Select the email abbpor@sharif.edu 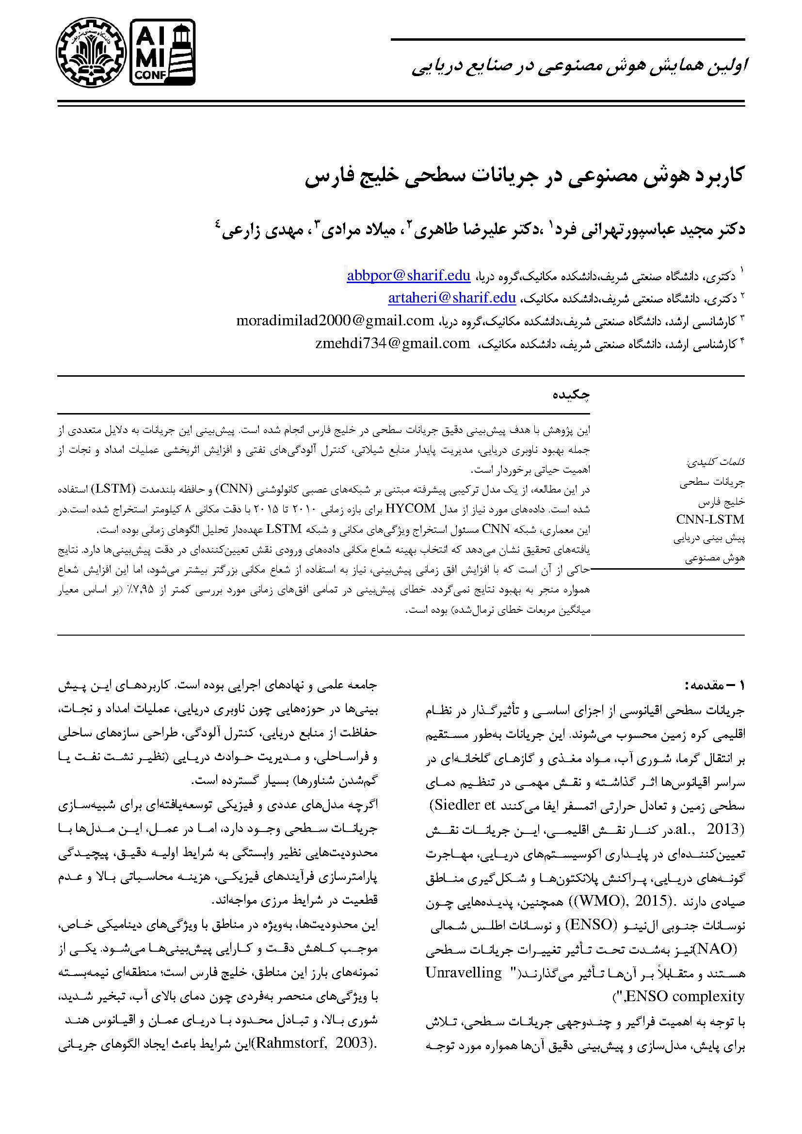(x=408, y=275)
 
